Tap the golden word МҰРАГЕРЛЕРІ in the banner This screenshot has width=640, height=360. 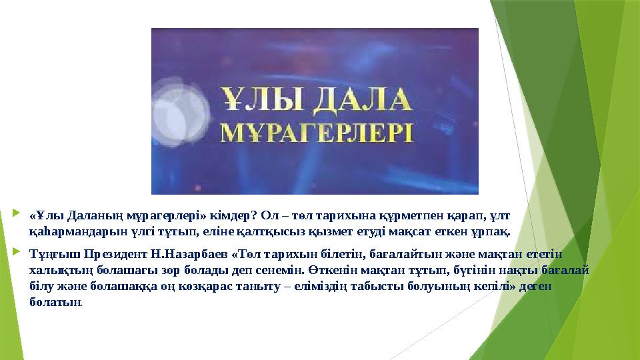317,133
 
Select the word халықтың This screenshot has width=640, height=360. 55,270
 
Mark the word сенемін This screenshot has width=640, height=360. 281,270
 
